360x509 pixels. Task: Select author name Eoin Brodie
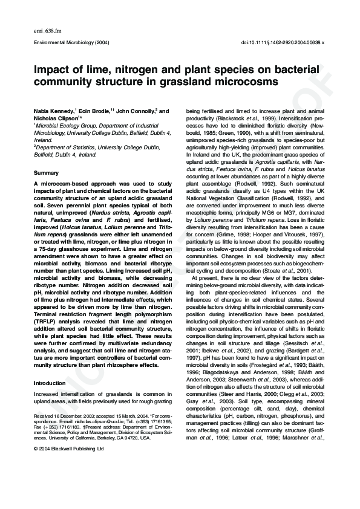97,111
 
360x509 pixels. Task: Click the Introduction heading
50,383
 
